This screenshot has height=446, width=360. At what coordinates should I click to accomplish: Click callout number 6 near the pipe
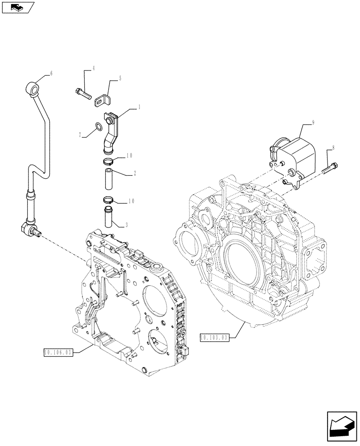[x=51, y=74]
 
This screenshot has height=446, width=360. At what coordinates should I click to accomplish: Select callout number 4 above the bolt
[x=94, y=69]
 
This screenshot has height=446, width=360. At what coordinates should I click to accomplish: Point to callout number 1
[x=139, y=107]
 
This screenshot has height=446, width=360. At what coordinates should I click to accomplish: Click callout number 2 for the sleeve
[x=134, y=173]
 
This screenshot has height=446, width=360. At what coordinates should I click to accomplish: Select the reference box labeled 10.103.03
[x=214, y=338]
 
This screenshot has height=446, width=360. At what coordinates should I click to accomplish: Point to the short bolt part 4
[x=83, y=94]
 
